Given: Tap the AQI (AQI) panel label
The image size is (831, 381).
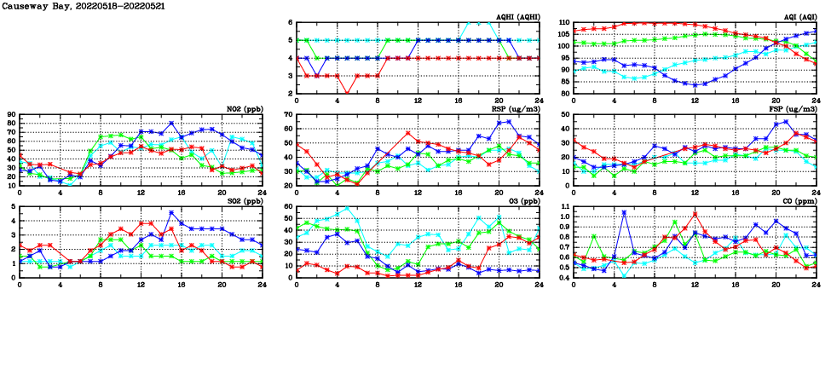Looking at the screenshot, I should pos(798,17).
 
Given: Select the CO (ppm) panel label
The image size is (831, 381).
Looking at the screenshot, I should pos(799,201).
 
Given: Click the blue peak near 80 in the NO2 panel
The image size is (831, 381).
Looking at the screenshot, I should pos(171,124).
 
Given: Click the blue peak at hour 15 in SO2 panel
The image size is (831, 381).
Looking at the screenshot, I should pos(171,213).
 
